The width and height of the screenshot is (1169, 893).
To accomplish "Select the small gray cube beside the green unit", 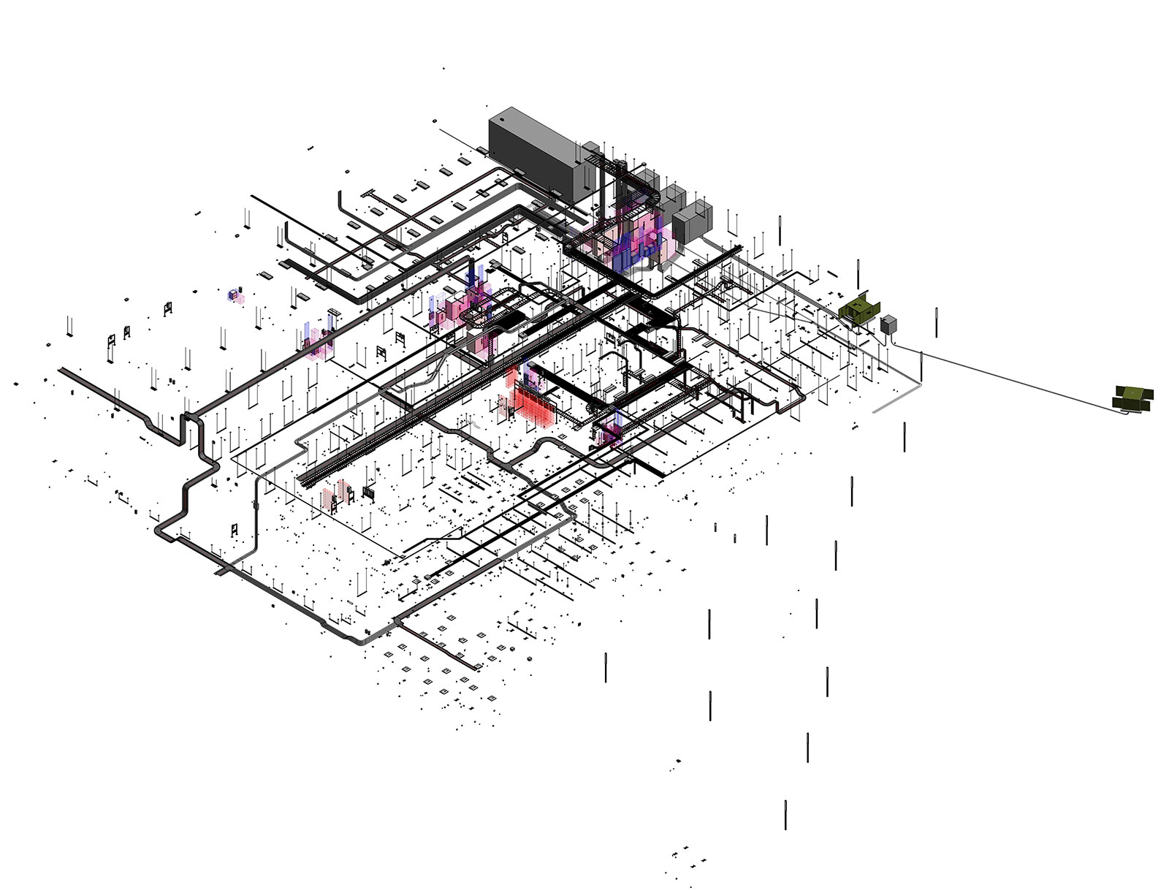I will (x=888, y=324).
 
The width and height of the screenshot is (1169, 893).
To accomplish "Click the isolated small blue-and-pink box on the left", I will (x=235, y=295).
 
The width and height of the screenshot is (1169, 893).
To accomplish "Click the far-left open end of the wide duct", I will (x=61, y=371).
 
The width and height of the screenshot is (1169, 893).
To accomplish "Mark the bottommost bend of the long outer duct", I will (x=358, y=639).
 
